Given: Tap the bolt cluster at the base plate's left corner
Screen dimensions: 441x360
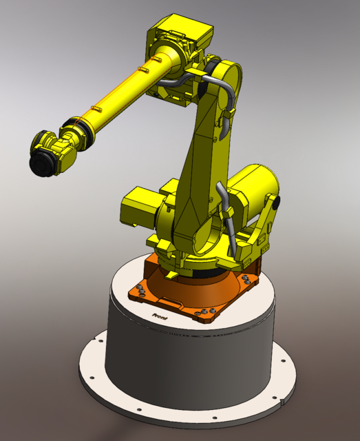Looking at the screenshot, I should [140, 290].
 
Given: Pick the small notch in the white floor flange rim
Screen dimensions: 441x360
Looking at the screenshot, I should [284, 398].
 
